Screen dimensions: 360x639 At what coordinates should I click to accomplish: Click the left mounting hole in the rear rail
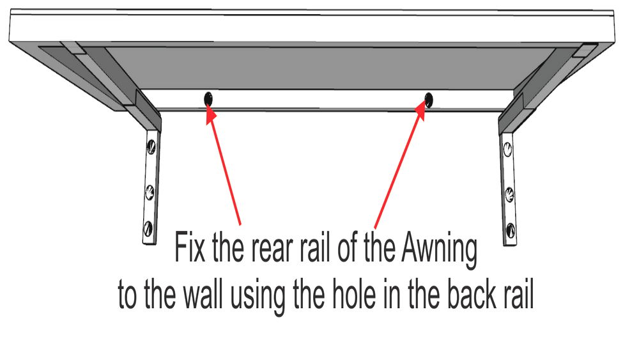click(x=208, y=99)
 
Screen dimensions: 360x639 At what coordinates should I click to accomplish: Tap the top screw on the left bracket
click(x=151, y=145)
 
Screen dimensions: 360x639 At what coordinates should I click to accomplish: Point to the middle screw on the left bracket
click(x=150, y=190)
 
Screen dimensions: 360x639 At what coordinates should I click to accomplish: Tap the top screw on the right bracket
click(x=507, y=150)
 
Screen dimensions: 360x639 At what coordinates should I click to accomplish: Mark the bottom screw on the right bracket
click(x=510, y=230)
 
